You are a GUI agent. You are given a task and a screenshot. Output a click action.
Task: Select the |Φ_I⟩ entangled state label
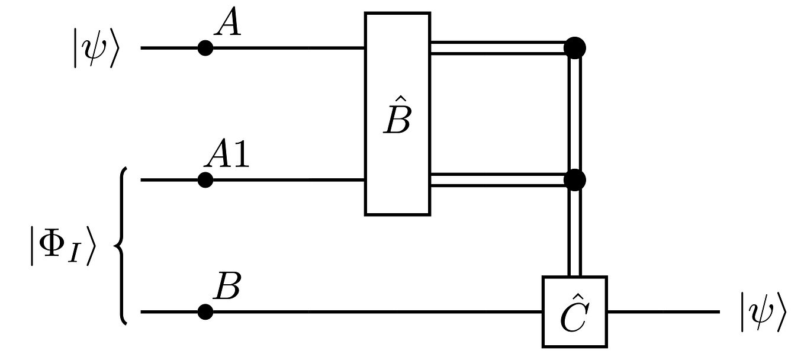pos(62,244)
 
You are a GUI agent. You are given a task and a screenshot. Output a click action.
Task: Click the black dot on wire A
pos(205,48)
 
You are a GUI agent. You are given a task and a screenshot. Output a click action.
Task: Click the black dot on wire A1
pos(205,179)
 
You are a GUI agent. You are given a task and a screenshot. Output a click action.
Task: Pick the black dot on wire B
pos(205,311)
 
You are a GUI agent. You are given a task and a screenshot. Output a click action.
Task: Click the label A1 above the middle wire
pos(227,156)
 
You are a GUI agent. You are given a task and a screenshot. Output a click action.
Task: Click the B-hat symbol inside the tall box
pos(397,115)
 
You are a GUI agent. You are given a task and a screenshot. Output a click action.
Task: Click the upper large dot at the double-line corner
pos(575,47)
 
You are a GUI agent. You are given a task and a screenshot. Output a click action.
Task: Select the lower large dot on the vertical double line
pos(575,179)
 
